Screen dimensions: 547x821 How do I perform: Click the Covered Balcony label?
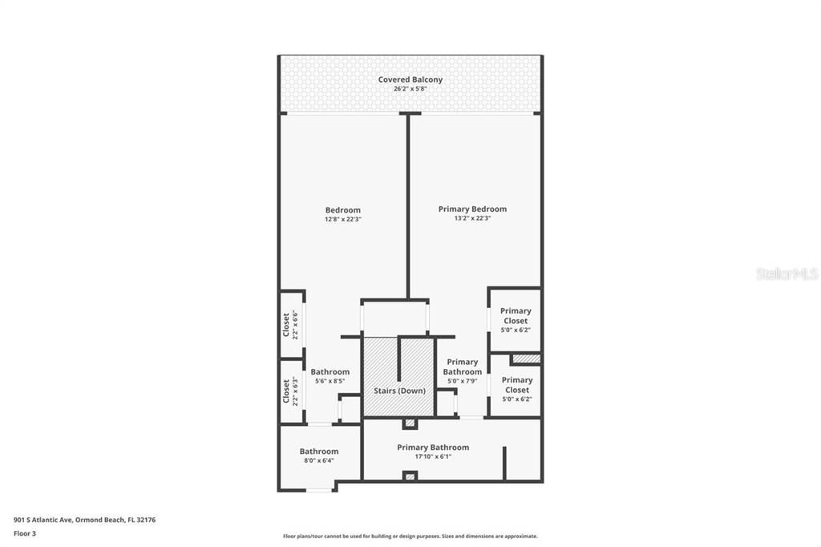pyautogui.click(x=410, y=79)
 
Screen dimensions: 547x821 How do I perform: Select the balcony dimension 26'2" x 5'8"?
pyautogui.click(x=410, y=89)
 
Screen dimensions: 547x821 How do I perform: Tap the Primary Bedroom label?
pyautogui.click(x=472, y=209)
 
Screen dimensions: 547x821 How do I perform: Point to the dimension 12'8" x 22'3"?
pyautogui.click(x=342, y=219)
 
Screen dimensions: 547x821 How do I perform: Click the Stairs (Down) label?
pyautogui.click(x=399, y=391)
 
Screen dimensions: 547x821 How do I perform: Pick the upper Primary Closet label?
pyautogui.click(x=516, y=316)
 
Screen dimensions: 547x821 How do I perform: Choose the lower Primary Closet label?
pyautogui.click(x=516, y=385)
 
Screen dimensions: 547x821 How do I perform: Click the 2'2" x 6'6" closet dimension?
pyautogui.click(x=295, y=325)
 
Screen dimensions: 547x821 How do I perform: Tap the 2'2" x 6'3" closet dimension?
pyautogui.click(x=295, y=391)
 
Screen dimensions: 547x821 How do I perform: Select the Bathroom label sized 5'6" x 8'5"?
pyautogui.click(x=330, y=371)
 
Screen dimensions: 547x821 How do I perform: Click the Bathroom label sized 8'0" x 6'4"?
pyautogui.click(x=319, y=451)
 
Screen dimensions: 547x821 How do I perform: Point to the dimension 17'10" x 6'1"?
pyautogui.click(x=433, y=457)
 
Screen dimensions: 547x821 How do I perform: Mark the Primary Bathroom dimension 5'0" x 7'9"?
pyautogui.click(x=463, y=381)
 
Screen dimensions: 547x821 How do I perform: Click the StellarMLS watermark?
pyautogui.click(x=787, y=273)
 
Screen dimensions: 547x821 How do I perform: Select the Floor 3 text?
pyautogui.click(x=25, y=533)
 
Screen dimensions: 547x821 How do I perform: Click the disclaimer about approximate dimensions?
pyautogui.click(x=410, y=537)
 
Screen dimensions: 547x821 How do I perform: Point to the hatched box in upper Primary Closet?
pyautogui.click(x=526, y=359)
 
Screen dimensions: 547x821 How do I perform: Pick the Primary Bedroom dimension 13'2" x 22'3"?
pyautogui.click(x=472, y=219)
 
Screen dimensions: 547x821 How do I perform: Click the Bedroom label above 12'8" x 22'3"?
pyautogui.click(x=342, y=210)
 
